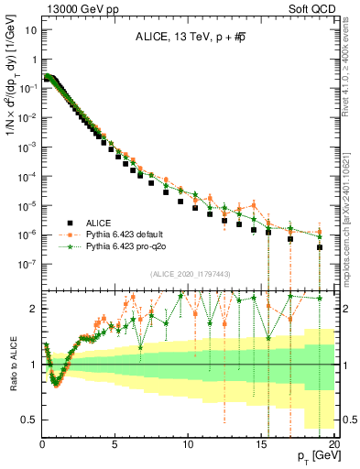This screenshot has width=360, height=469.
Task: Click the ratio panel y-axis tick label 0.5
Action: pyautogui.click(x=29, y=420)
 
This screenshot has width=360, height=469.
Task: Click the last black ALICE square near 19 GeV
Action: pyautogui.click(x=320, y=247)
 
